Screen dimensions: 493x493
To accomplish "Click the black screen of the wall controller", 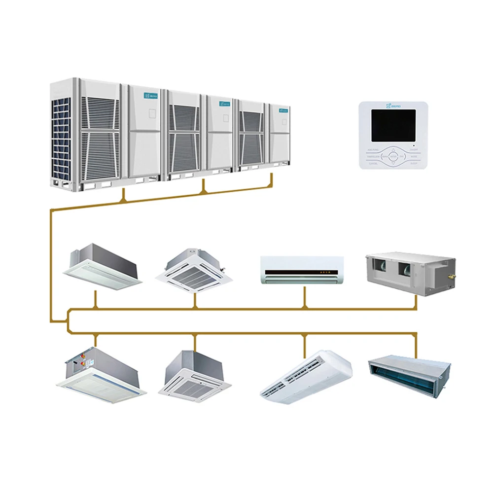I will pyautogui.click(x=393, y=125).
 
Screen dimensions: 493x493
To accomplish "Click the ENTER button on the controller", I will pyautogui.click(x=393, y=156).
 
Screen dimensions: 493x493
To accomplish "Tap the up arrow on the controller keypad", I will pyautogui.click(x=393, y=149).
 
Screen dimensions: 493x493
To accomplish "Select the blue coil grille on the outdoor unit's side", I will pyautogui.click(x=62, y=138).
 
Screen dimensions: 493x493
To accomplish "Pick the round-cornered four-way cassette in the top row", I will pyautogui.click(x=192, y=271).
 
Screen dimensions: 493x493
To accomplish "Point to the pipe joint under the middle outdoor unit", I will pyautogui.click(x=204, y=188).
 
